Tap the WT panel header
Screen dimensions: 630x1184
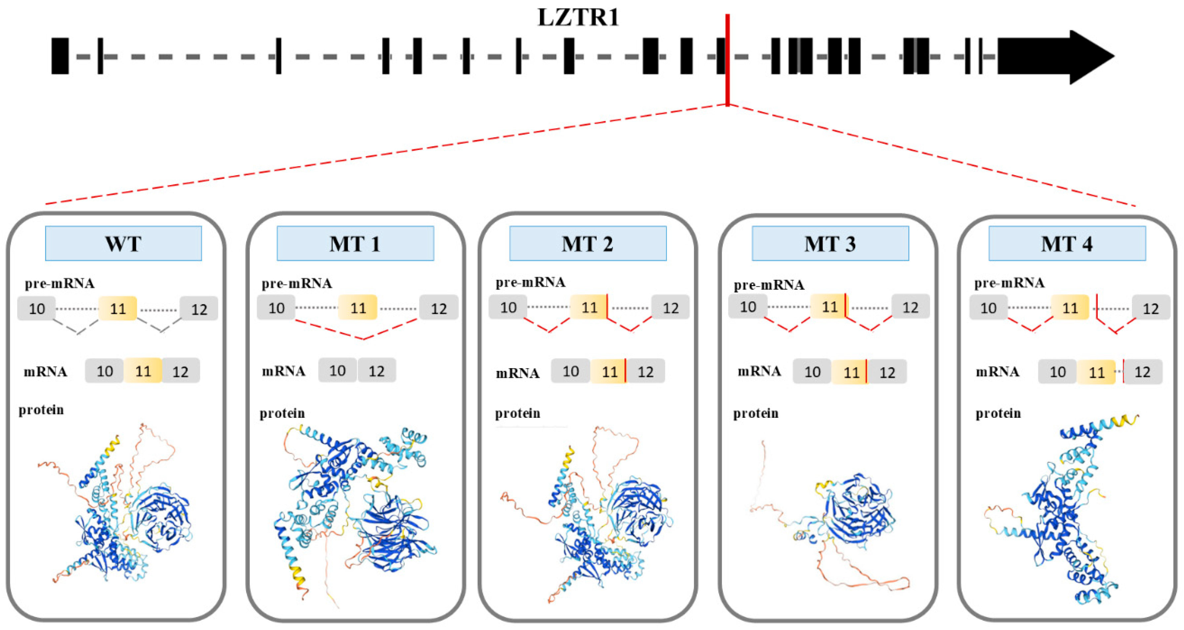(123, 243)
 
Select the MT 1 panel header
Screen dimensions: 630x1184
(355, 243)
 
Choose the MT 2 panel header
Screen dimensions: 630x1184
(588, 243)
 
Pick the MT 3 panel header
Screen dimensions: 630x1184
(830, 243)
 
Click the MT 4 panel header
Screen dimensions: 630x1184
(1067, 243)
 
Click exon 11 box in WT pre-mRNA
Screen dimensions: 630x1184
(118, 308)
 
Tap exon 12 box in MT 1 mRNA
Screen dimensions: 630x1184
(376, 371)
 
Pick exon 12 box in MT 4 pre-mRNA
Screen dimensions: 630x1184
(1151, 308)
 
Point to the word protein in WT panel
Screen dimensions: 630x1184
(41, 410)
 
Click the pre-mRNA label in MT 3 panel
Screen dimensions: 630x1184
(768, 285)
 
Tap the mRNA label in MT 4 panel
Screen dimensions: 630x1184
(997, 371)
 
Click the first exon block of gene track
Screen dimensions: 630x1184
(60, 56)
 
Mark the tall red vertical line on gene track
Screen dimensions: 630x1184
(727, 60)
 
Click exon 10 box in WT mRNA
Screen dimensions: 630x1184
(104, 371)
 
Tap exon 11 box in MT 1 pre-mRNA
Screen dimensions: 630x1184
(358, 307)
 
